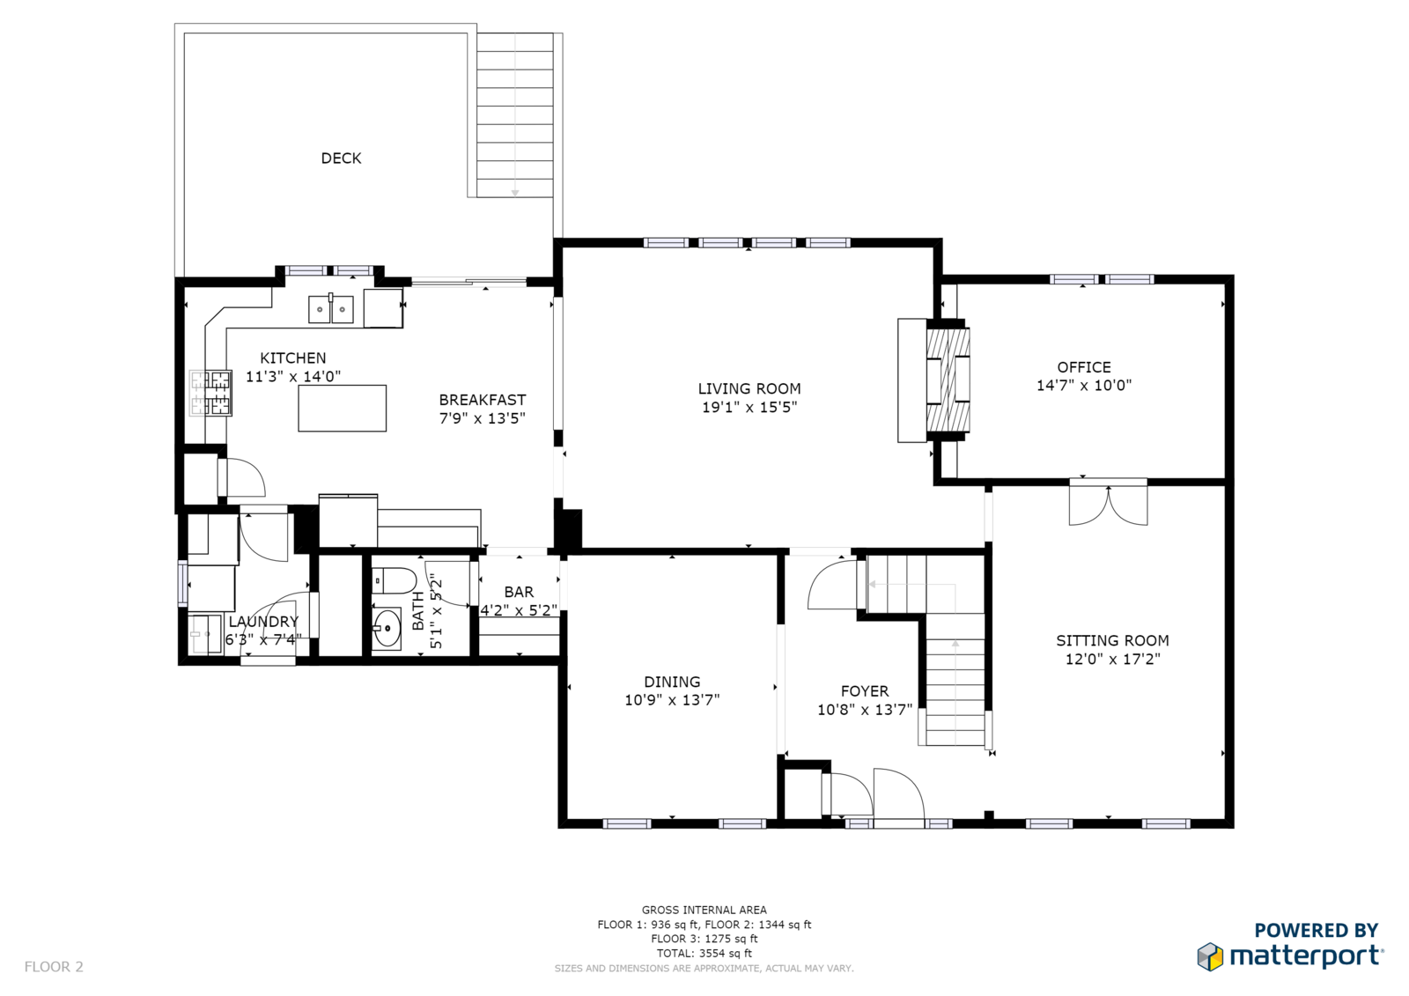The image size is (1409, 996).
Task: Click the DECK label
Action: pos(341,158)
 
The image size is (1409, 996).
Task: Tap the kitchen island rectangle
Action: pos(343,409)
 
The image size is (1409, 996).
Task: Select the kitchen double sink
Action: pos(331,309)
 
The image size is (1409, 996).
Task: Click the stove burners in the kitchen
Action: pos(210,393)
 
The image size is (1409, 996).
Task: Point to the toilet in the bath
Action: pos(394,580)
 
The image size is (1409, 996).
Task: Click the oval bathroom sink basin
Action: pos(387,628)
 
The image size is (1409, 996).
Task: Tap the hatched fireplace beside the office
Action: pos(948,380)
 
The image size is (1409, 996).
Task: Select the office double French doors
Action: pos(1109,504)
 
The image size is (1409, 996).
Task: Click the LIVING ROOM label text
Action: pos(749,389)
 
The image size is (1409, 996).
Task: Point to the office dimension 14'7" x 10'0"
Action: pos(1084,385)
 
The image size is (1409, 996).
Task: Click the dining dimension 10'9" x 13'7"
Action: pos(672,699)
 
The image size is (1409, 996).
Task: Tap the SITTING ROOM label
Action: pos(1112,640)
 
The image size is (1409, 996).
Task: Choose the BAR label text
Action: pos(519,592)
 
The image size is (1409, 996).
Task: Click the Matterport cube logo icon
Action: pos(1210,956)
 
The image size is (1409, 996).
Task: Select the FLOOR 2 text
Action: pos(54,967)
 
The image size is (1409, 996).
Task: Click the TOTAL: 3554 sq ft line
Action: pos(704,953)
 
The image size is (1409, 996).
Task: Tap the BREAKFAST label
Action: pos(483,400)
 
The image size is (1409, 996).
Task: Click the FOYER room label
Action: pos(865,690)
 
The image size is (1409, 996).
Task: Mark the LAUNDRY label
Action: pos(263,622)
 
